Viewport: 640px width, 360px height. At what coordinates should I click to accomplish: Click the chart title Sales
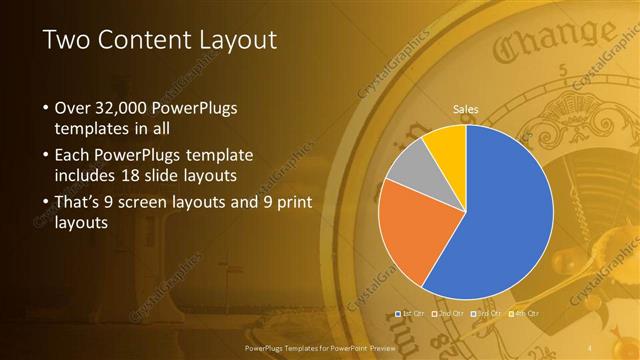(x=466, y=108)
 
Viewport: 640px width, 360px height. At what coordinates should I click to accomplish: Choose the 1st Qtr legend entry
(x=411, y=314)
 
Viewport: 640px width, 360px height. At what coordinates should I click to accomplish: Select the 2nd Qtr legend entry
(x=449, y=314)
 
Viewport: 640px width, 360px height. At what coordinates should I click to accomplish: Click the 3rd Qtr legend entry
(x=488, y=314)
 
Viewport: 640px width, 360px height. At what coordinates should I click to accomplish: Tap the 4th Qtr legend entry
(x=526, y=314)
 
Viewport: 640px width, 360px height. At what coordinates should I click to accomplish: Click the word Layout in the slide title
(x=232, y=40)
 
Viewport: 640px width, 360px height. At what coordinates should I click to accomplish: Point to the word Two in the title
(x=68, y=40)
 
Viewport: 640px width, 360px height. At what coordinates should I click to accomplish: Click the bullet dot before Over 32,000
(x=46, y=107)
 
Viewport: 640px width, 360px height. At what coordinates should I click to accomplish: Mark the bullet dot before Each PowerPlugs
(x=46, y=155)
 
